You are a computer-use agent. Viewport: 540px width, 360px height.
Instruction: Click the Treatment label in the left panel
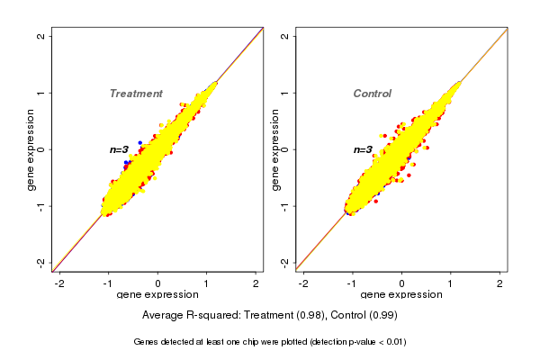(x=136, y=94)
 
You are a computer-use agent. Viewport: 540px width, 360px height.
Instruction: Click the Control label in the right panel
(x=372, y=94)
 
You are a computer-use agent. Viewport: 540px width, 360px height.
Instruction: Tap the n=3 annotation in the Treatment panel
(x=120, y=149)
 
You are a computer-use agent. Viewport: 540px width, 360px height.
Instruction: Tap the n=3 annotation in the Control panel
(x=363, y=150)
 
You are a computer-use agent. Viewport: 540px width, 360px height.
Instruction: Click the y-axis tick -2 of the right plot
(x=285, y=262)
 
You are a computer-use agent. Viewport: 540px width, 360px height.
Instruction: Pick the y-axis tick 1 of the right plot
(x=285, y=93)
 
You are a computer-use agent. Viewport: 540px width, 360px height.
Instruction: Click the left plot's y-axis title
(x=31, y=149)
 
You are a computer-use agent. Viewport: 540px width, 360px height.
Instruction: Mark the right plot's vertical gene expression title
(x=274, y=149)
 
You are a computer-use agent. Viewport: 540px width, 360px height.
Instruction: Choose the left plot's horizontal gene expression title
(x=157, y=295)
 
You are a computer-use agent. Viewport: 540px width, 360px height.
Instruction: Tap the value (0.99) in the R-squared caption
(x=382, y=316)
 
